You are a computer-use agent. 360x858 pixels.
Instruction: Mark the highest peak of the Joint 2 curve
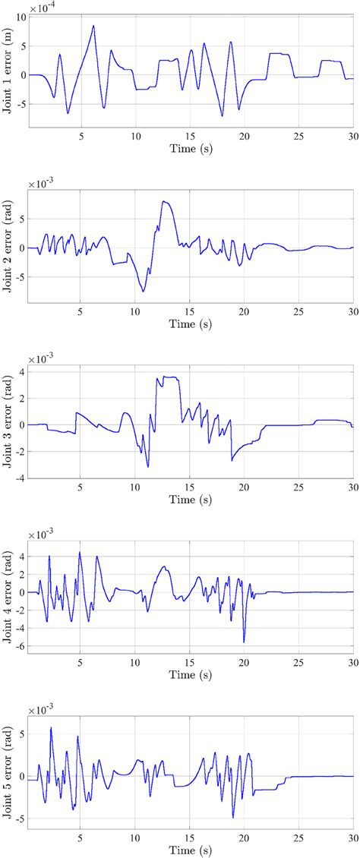click(x=164, y=201)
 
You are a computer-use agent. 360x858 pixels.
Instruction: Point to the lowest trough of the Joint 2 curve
click(x=143, y=291)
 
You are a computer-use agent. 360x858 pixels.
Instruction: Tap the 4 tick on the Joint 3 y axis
click(x=21, y=371)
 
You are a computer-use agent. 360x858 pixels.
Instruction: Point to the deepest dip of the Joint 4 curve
click(x=244, y=642)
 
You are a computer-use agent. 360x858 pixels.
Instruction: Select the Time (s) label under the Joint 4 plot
click(x=190, y=674)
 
